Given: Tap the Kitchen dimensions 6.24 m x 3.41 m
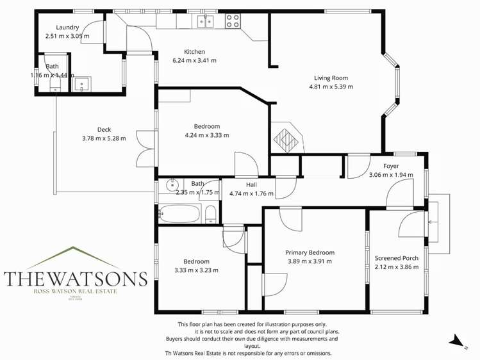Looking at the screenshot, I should pos(194,61).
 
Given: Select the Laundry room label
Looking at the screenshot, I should pos(67,28).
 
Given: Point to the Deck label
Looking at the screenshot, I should pos(104,129).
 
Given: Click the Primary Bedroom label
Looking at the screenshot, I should pos(310,252).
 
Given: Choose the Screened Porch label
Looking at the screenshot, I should pos(396,258).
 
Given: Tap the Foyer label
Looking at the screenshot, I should pos(391,167).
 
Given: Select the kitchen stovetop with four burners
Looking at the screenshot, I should pos(233,21).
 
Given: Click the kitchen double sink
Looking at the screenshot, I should pos(205,22).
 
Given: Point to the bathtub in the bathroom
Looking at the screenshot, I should pos(180,213).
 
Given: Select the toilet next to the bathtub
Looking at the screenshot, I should pos(210,214).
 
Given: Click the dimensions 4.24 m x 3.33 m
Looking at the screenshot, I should pos(206,135).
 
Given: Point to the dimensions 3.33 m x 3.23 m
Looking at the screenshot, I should pos(196,270).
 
